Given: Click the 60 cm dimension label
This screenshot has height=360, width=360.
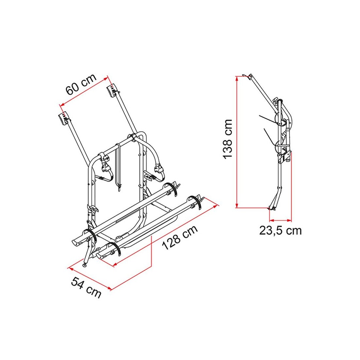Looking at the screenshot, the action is coord(81,84).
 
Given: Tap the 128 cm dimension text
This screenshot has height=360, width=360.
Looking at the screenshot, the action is coord(180,238).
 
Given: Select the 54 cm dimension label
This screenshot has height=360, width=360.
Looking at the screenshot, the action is coord(86,287).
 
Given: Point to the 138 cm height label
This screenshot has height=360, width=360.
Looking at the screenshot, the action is coord(227,139).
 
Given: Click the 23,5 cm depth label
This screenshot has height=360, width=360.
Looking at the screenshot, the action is coord(280,230).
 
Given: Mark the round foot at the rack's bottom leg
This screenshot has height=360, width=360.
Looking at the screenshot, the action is coord(85,265).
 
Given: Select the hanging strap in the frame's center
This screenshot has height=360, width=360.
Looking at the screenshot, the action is coord(118,167).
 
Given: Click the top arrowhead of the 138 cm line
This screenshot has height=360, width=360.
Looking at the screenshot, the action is coord(237,78).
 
